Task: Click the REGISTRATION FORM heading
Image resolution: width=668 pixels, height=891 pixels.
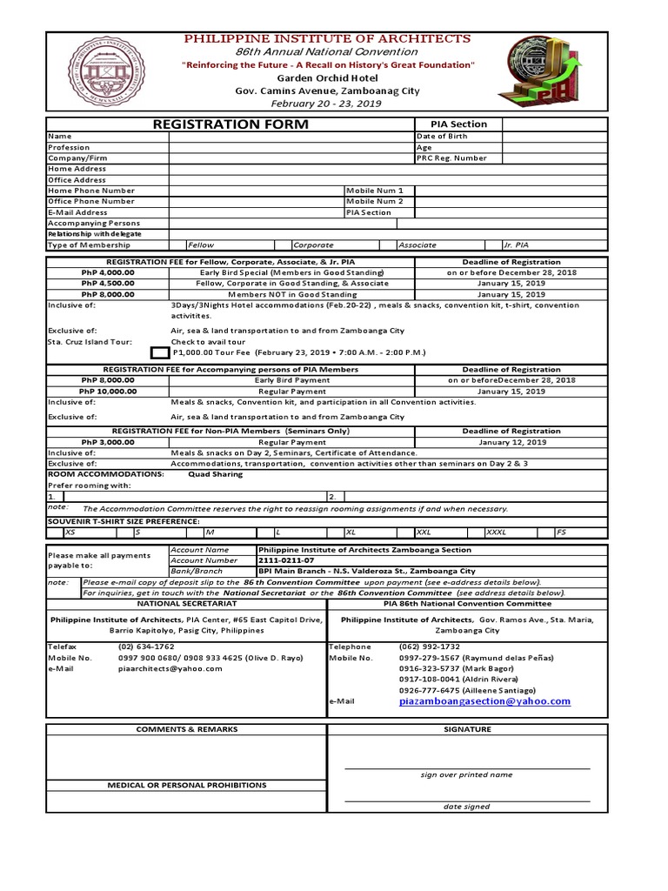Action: pyautogui.click(x=230, y=124)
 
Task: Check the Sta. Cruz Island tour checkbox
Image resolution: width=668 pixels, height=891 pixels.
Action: pyautogui.click(x=160, y=352)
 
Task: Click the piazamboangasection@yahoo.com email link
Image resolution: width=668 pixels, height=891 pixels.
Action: pyautogui.click(x=484, y=700)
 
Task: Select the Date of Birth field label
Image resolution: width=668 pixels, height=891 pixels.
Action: pyautogui.click(x=442, y=137)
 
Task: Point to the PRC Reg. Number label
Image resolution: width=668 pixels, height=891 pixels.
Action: pyautogui.click(x=451, y=158)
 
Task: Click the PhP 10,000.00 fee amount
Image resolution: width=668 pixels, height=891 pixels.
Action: pyautogui.click(x=108, y=392)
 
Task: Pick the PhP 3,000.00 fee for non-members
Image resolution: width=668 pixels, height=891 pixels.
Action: pyautogui.click(x=108, y=442)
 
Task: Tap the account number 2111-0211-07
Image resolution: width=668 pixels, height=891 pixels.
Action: pyautogui.click(x=283, y=560)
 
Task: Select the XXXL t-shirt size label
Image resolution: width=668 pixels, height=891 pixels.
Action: pyautogui.click(x=496, y=531)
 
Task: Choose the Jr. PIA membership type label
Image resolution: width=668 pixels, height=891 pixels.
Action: pyautogui.click(x=517, y=245)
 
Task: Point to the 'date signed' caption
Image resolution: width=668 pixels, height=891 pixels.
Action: pyautogui.click(x=466, y=807)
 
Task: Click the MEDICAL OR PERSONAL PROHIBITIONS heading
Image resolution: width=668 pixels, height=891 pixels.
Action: pyautogui.click(x=186, y=785)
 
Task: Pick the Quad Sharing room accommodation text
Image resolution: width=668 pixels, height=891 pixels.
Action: pyautogui.click(x=217, y=474)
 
